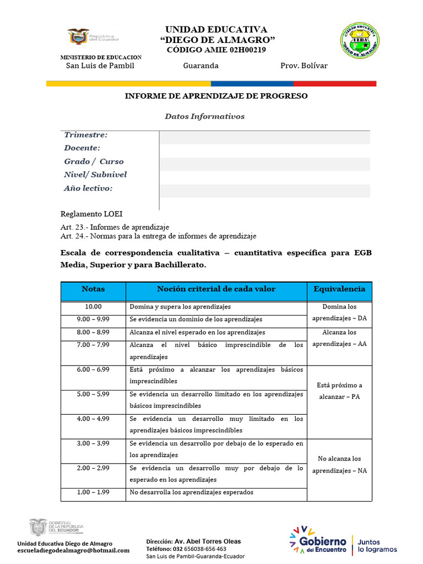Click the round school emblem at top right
pyautogui.click(x=359, y=41)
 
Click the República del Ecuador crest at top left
pyautogui.click(x=79, y=37)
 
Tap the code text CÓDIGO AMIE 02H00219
pyautogui.click(x=216, y=50)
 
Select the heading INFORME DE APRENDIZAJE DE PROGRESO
pyautogui.click(x=216, y=96)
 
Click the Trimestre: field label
pyautogui.click(x=85, y=135)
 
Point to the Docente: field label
pyautogui.click(x=82, y=148)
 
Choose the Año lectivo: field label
pyautogui.click(x=88, y=188)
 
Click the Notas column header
pyautogui.click(x=93, y=289)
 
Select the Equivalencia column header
pyautogui.click(x=339, y=289)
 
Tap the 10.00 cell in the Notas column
pyautogui.click(x=93, y=307)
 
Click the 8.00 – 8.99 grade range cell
pyautogui.click(x=93, y=333)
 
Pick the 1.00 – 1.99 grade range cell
pyautogui.click(x=93, y=492)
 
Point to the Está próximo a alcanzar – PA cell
pyautogui.click(x=339, y=391)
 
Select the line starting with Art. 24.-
pyautogui.click(x=158, y=236)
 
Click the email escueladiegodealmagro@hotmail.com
pyautogui.click(x=73, y=550)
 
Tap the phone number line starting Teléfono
pyautogui.click(x=186, y=549)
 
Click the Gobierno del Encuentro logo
pyautogui.click(x=318, y=540)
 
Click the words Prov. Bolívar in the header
pyautogui.click(x=303, y=66)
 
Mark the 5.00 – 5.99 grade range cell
pyautogui.click(x=93, y=394)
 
